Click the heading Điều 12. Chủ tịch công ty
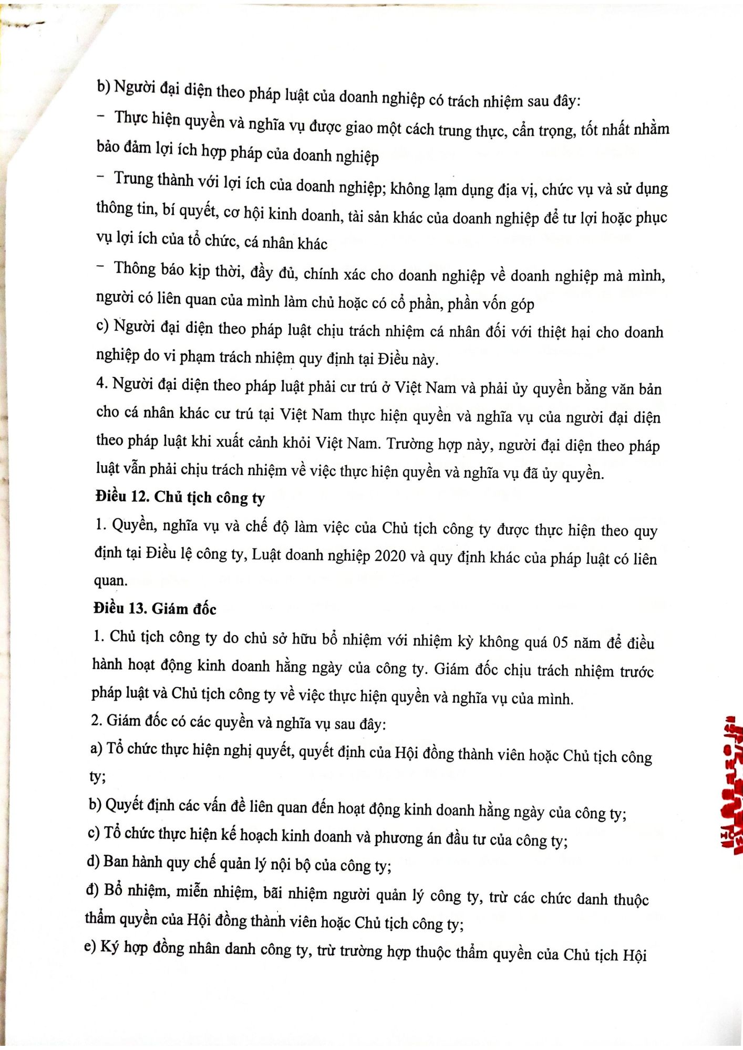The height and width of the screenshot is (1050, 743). coord(180,497)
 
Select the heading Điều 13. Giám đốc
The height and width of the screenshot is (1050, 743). coord(154,608)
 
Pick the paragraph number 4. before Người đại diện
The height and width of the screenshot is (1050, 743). coord(101,383)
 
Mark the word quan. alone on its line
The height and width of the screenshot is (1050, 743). coord(110,581)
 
